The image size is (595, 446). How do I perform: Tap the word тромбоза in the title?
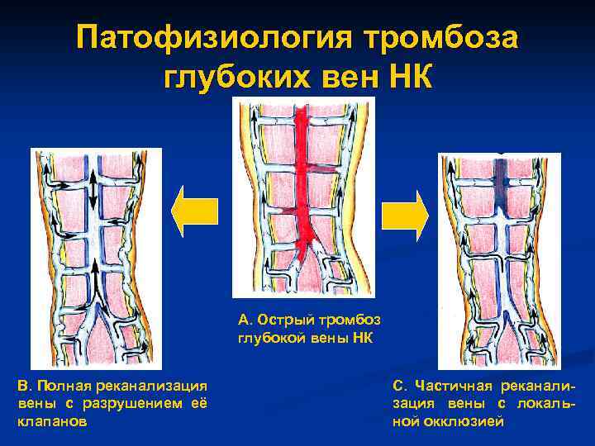[438, 40]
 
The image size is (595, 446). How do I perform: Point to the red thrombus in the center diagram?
[303, 182]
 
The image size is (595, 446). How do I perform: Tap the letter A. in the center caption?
[244, 320]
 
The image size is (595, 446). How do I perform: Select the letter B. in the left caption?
[22, 385]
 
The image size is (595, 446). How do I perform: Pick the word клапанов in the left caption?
[51, 420]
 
